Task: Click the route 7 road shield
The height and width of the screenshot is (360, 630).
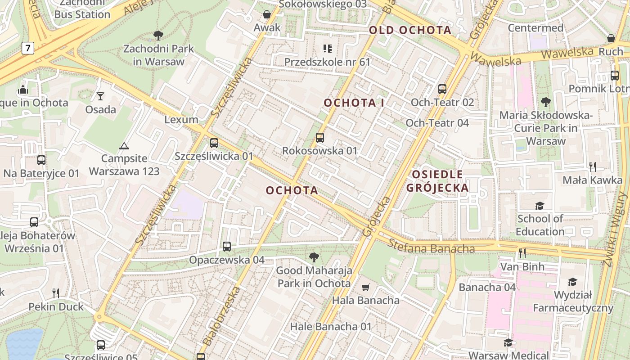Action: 28,48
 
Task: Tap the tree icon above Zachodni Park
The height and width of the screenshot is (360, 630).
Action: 158,35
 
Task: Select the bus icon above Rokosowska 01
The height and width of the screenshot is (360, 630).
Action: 320,137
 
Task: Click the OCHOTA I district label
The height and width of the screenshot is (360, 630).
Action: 354,103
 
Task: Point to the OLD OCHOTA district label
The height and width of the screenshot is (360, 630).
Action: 410,30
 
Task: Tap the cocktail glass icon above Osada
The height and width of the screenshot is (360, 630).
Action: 100,96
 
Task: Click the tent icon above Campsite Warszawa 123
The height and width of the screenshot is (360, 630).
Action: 124,145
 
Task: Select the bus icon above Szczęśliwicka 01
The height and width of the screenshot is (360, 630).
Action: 214,143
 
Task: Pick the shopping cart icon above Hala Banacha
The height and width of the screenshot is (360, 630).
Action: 366,287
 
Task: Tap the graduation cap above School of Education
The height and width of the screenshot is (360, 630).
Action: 539,206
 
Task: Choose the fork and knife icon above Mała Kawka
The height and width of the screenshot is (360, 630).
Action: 593,167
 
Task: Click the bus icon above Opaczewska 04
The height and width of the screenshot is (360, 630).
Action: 227,247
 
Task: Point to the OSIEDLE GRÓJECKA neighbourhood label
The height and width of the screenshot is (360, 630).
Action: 437,181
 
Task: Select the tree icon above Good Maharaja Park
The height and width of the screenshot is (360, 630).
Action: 314,257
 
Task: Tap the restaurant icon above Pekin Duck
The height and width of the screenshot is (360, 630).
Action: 56,293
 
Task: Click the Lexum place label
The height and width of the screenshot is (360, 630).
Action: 181,120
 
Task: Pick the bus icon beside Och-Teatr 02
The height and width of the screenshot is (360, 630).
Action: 442,89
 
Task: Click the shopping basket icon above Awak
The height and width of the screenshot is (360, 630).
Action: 267,14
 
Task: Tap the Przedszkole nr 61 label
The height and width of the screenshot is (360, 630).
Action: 327,62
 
